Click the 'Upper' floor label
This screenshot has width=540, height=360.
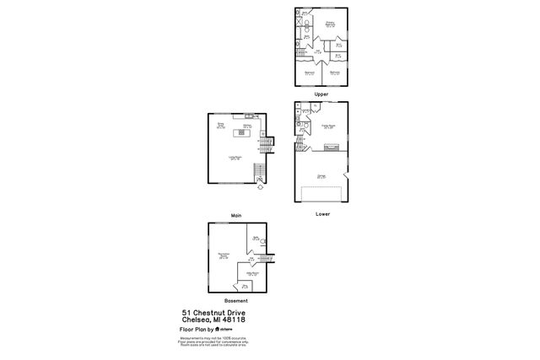click(321, 94)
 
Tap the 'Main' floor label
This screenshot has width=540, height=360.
click(235, 216)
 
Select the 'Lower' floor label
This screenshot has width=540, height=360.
click(321, 214)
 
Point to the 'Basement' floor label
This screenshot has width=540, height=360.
click(235, 301)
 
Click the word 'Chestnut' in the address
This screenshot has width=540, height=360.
click(209, 312)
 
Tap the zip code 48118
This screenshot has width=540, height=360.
click(234, 319)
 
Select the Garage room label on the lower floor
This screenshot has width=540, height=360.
click(321, 176)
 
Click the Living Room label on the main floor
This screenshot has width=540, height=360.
click(235, 158)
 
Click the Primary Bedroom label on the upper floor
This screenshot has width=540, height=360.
click(330, 24)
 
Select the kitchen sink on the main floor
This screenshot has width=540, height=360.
click(248, 116)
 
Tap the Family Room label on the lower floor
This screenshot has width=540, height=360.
click(328, 126)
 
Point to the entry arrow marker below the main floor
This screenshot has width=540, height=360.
click(260, 186)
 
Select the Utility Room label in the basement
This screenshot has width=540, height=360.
click(251, 274)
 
